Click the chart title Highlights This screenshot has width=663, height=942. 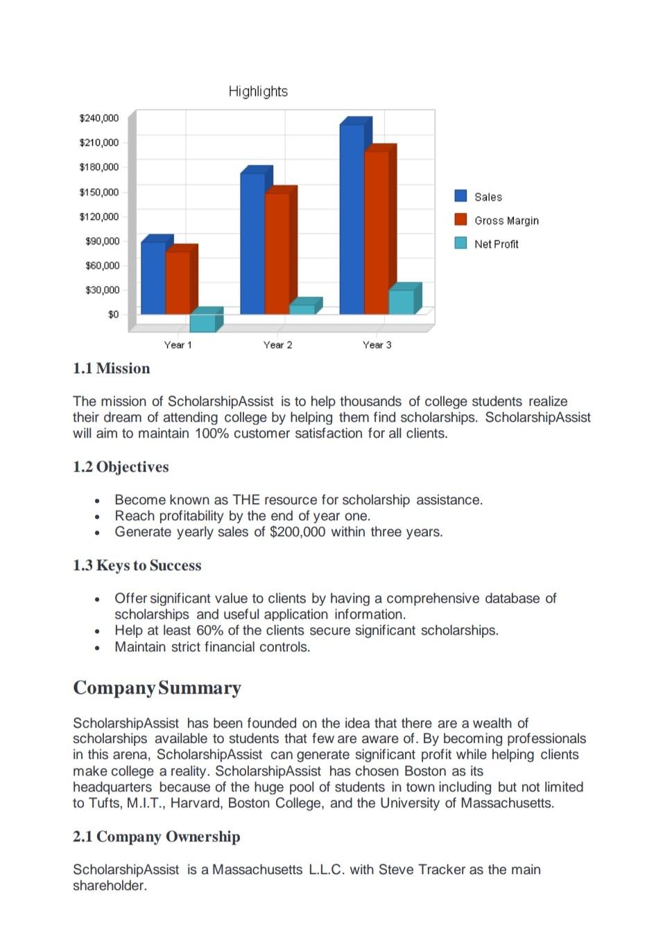258,92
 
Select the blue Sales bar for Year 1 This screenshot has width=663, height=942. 153,277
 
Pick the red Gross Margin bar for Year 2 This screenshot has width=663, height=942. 277,253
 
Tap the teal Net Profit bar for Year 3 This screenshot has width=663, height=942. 401,302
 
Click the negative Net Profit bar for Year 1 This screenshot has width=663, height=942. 202,323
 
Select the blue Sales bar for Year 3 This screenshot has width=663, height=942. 352,219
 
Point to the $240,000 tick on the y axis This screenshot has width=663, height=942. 99,119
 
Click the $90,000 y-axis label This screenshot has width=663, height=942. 102,241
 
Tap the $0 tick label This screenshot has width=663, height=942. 113,315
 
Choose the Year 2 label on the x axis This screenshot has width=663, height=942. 277,345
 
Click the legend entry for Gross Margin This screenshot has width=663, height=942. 506,221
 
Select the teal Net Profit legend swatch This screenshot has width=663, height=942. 460,243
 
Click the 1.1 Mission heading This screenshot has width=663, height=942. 112,368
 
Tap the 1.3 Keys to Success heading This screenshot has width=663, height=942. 137,565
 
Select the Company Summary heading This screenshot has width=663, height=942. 157,687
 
